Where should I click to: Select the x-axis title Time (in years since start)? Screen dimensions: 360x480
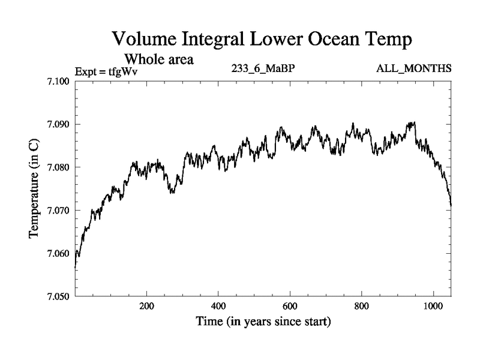(263, 322)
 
